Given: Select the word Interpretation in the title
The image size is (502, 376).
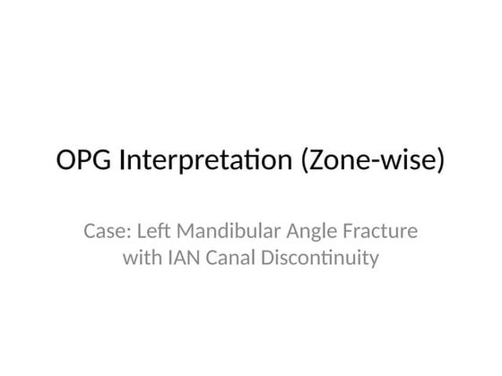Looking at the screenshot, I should coord(206,162).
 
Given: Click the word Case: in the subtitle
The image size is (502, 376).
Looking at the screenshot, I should coord(107,232).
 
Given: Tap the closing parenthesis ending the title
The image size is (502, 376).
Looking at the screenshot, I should coord(439,163).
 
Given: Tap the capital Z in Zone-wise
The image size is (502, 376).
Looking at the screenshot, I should coord(322,162).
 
